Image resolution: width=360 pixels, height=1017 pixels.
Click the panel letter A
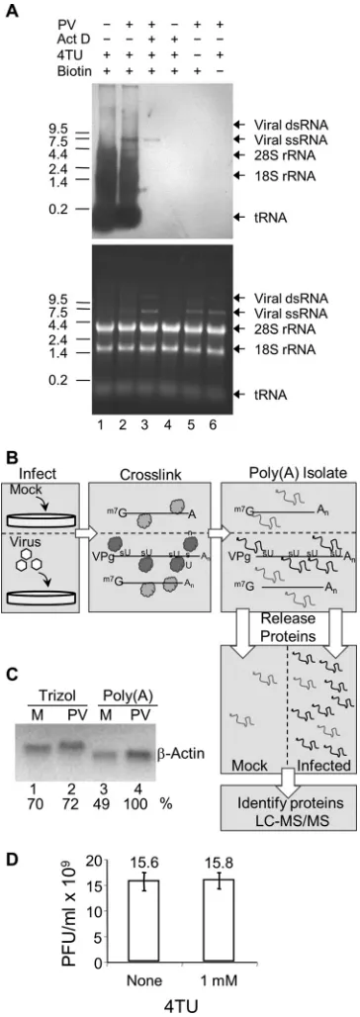10,11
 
